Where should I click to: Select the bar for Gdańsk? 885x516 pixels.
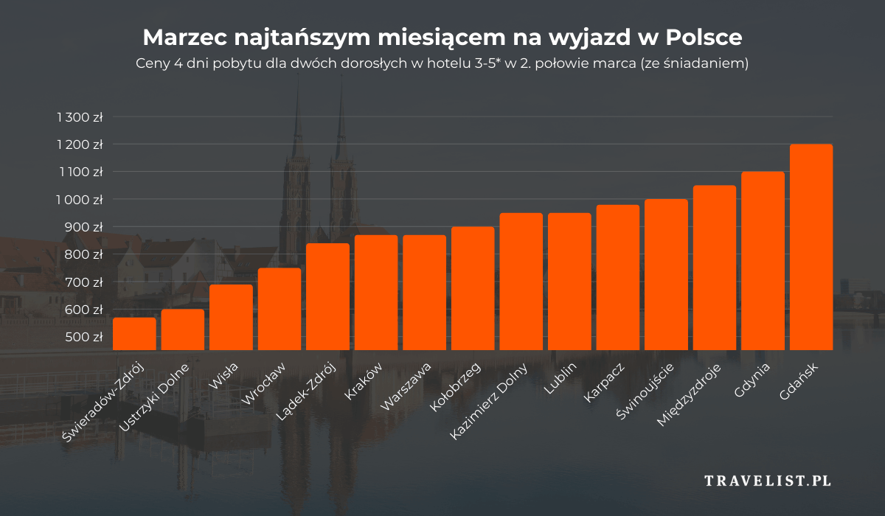811,247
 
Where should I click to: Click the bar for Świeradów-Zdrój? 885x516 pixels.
134,334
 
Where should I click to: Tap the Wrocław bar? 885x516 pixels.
279,309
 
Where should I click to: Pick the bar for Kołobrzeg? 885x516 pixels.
472,288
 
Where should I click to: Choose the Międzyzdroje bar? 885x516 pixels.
714,268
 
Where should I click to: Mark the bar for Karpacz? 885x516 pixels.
617,277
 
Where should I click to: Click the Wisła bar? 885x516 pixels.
231,317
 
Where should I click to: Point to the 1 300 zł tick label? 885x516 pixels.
79,117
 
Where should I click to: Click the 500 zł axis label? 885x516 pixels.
84,337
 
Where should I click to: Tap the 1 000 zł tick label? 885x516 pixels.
79,200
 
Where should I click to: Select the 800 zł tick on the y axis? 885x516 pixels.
84,254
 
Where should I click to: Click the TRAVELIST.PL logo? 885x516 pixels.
768,481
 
